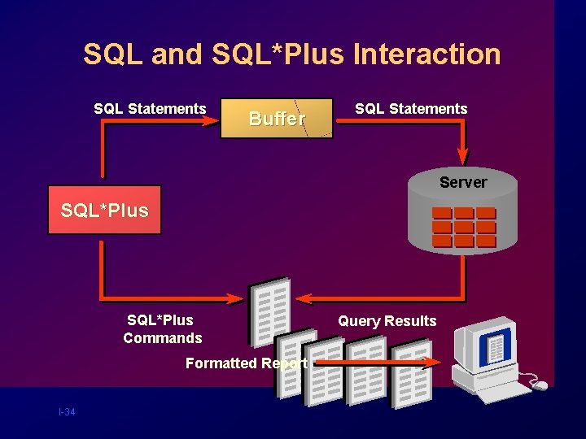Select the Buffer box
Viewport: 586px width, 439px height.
coord(277,119)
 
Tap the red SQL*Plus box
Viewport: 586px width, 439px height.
coord(105,211)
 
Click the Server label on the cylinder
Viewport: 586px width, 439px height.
coord(463,182)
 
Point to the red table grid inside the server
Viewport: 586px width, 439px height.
coord(464,228)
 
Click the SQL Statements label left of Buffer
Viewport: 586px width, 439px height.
coord(150,109)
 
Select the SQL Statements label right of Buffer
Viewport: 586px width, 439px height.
coord(411,109)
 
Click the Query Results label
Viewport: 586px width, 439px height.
coord(387,321)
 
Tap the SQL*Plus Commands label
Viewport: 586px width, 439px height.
coord(162,329)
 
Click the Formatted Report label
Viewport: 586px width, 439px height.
coord(246,363)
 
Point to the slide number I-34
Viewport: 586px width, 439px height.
coord(67,413)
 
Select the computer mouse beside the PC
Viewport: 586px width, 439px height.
coord(540,385)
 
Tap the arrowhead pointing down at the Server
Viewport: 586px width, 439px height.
coord(464,155)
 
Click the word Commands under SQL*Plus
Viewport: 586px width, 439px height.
coord(163,338)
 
